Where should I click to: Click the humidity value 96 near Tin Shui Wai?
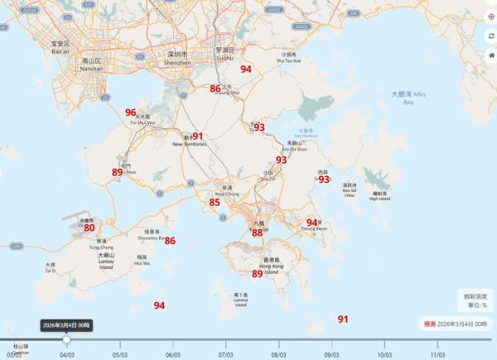pyautogui.click(x=130, y=113)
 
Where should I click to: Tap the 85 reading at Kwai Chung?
pyautogui.click(x=215, y=203)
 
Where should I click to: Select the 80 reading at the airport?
pyautogui.click(x=89, y=228)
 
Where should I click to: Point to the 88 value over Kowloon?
pyautogui.click(x=258, y=233)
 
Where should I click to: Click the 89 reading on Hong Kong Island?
pyautogui.click(x=258, y=274)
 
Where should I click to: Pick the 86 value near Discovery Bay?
pyautogui.click(x=170, y=241)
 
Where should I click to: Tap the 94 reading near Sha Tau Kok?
pyautogui.click(x=246, y=70)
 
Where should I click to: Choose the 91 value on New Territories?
pyautogui.click(x=197, y=137)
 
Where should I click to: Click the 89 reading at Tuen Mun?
pyautogui.click(x=118, y=173)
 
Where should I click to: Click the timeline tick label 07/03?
pyautogui.click(x=225, y=354)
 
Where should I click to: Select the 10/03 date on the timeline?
pyautogui.click(x=384, y=354)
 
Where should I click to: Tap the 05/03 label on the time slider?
pyautogui.click(x=120, y=354)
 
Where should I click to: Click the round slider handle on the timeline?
pyautogui.click(x=67, y=339)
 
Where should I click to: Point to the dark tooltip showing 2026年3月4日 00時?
pyautogui.click(x=67, y=325)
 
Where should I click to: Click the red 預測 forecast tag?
pyautogui.click(x=430, y=324)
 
